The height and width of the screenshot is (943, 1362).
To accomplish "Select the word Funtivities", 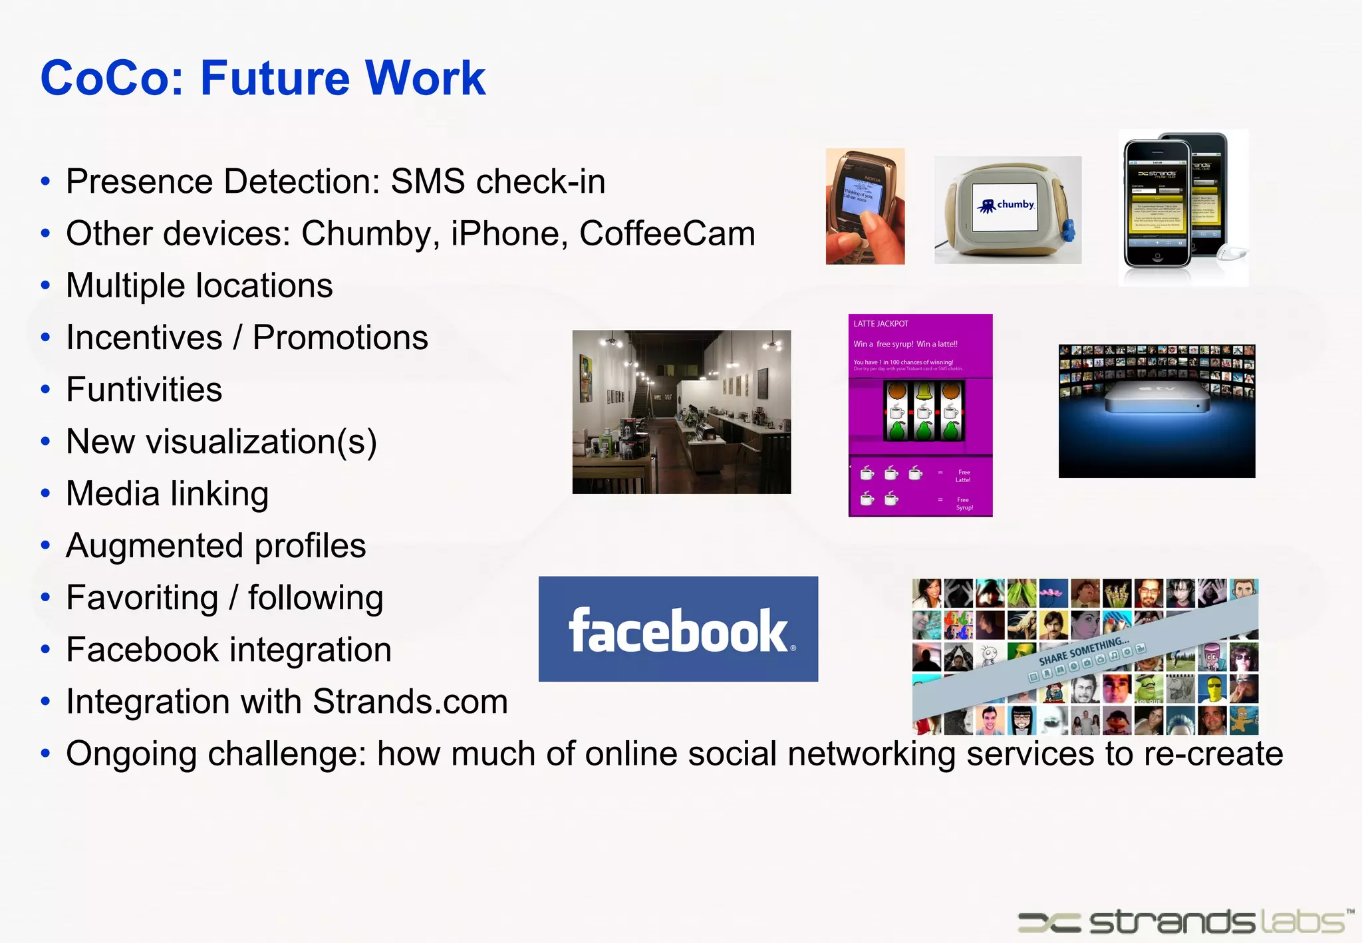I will (144, 390).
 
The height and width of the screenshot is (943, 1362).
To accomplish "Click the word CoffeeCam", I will (667, 234).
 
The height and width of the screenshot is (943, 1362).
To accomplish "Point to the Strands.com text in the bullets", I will (410, 702).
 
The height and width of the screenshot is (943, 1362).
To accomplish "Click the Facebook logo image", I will (678, 629).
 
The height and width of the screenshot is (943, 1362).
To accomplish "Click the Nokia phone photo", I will (865, 206).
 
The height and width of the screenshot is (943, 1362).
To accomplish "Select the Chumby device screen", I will (1005, 207).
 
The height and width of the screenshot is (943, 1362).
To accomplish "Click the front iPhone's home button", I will (1157, 257).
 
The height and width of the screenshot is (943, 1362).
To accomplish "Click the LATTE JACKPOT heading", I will (881, 324).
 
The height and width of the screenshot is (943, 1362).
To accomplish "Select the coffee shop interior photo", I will (682, 412).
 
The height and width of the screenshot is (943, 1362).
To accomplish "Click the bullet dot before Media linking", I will (45, 494).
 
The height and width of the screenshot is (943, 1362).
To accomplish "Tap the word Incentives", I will (144, 338).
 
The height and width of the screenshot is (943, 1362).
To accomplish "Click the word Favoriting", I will (142, 598).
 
